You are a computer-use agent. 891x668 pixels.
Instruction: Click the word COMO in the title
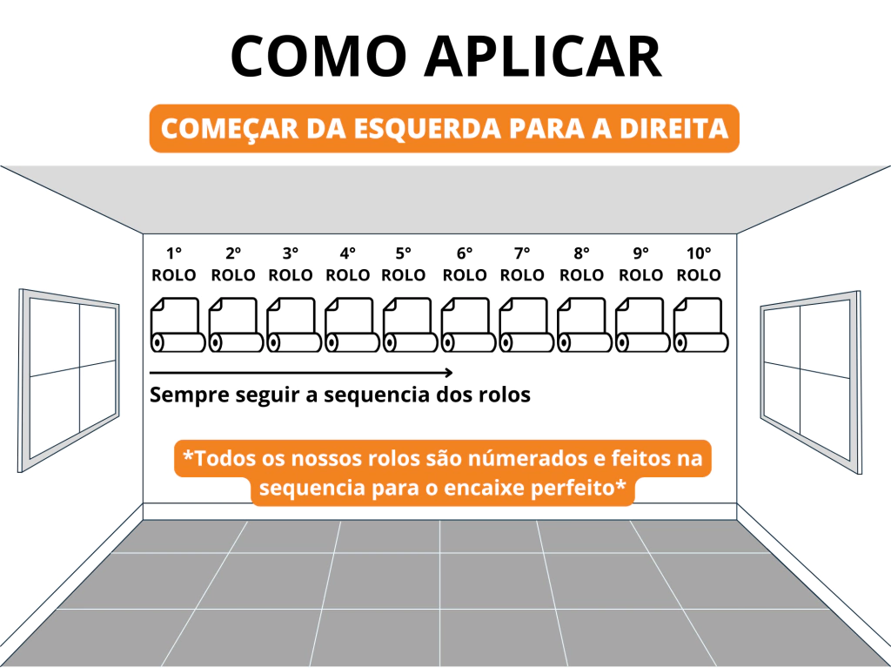(318, 56)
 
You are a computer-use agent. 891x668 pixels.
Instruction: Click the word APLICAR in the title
(543, 56)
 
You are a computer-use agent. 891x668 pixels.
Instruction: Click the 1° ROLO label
(174, 264)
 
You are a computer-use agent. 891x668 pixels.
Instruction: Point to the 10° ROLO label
(699, 264)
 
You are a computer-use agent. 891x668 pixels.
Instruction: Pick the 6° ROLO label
(465, 264)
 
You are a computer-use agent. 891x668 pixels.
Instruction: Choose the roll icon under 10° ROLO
(700, 324)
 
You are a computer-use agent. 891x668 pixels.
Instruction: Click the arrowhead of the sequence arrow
(449, 374)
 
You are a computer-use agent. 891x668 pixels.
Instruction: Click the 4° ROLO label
(348, 264)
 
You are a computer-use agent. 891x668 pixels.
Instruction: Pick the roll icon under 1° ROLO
(178, 324)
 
